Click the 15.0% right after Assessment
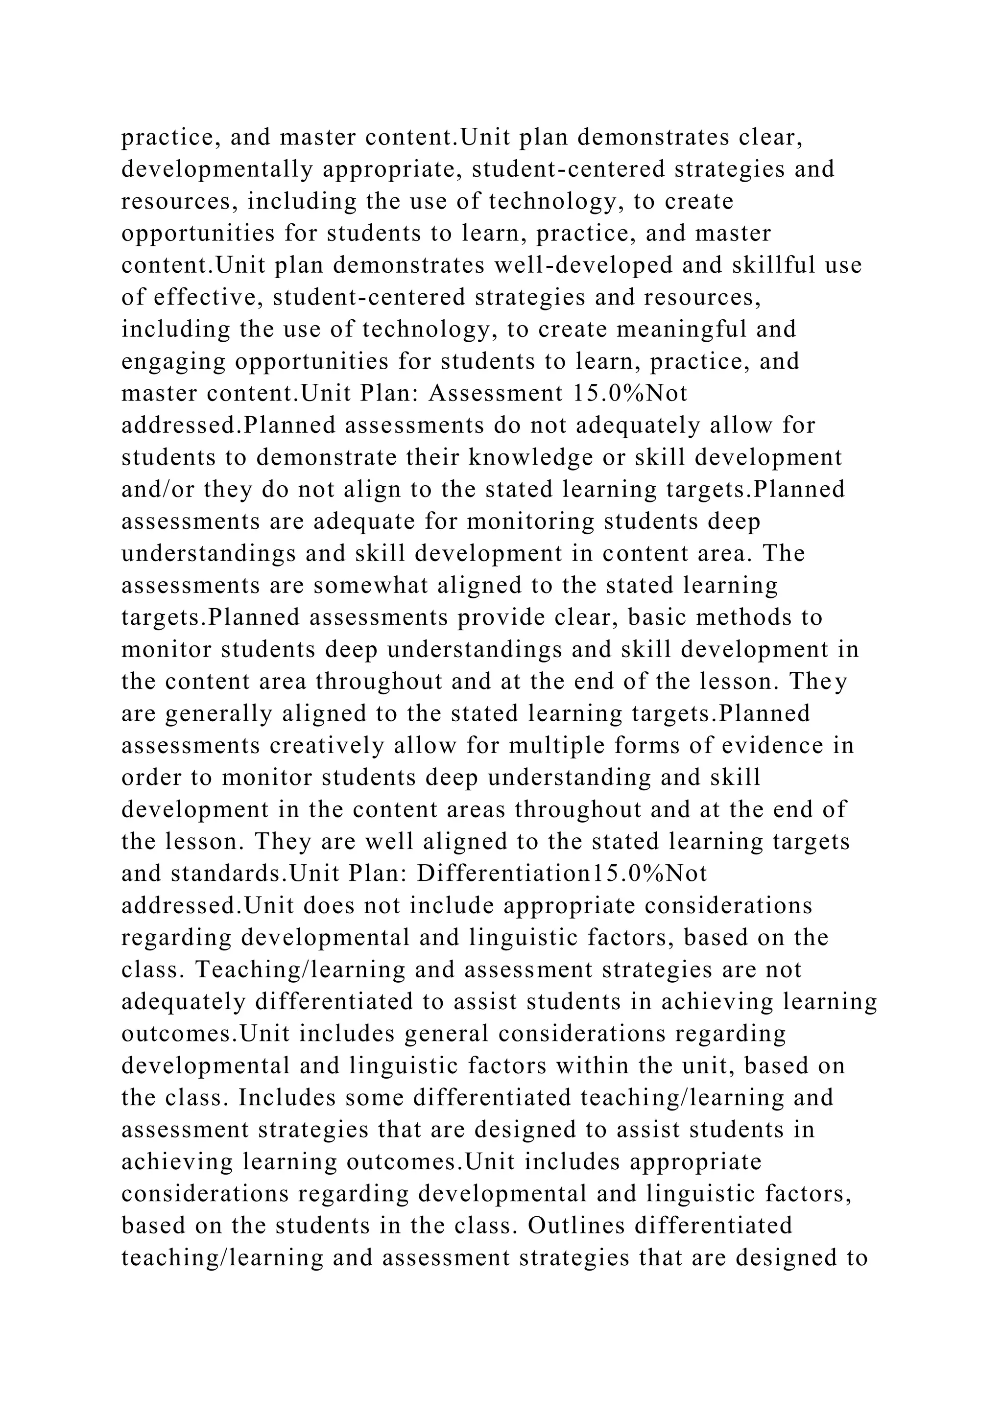[x=602, y=393]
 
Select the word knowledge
[x=535, y=458]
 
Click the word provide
[x=491, y=617]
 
